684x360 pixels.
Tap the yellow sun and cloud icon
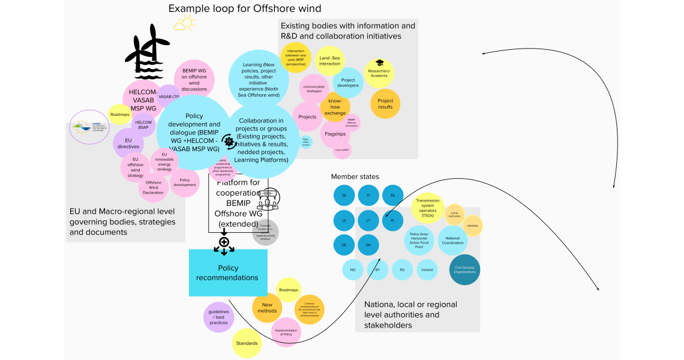[184, 24]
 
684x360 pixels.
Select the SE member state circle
[344, 196]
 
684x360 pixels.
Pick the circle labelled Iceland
[427, 270]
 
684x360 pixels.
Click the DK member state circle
[369, 245]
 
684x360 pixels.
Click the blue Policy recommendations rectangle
[228, 272]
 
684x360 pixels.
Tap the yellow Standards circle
[247, 343]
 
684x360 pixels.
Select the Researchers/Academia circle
[379, 72]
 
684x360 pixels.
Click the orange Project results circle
[385, 104]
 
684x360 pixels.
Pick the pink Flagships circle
[335, 134]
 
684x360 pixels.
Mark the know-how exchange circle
[335, 109]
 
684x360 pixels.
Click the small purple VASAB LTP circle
[169, 97]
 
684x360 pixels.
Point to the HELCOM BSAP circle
[143, 125]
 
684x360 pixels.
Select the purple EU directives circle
[128, 143]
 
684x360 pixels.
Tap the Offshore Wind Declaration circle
[154, 187]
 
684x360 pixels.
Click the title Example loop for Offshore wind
[245, 8]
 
